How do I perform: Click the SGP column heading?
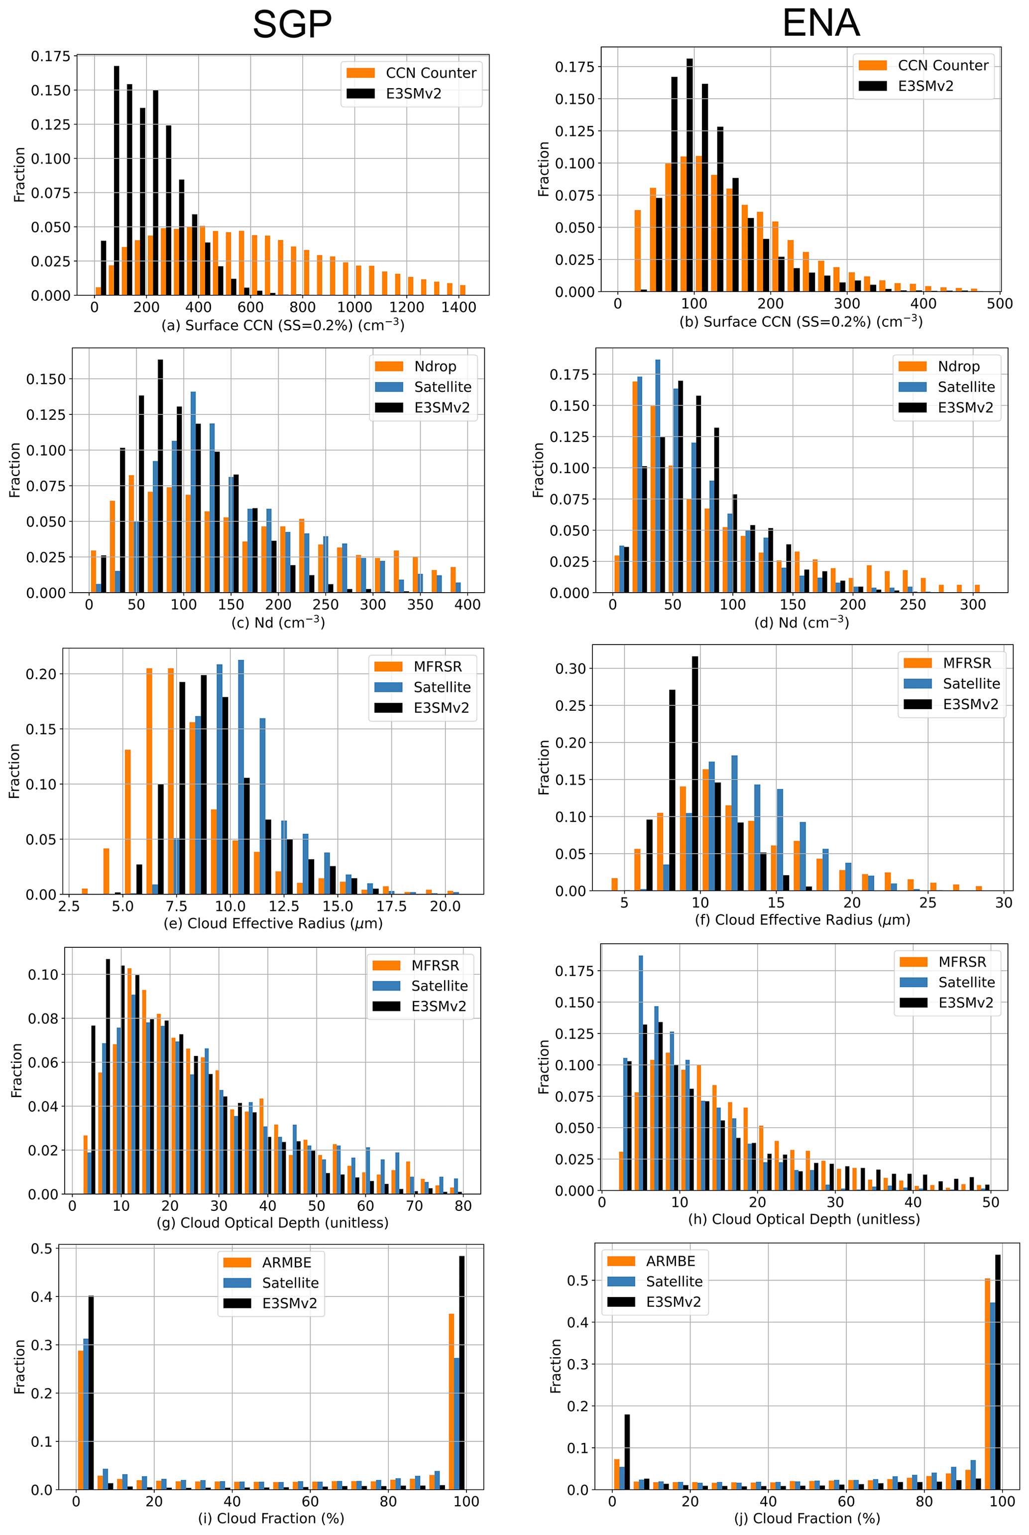292,24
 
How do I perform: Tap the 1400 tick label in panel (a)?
458,307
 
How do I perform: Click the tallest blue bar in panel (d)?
658,476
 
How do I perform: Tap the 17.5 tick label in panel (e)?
391,906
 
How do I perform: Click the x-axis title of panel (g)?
272,1223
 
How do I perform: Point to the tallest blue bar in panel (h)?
641,1073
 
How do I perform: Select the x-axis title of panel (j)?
807,1518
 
